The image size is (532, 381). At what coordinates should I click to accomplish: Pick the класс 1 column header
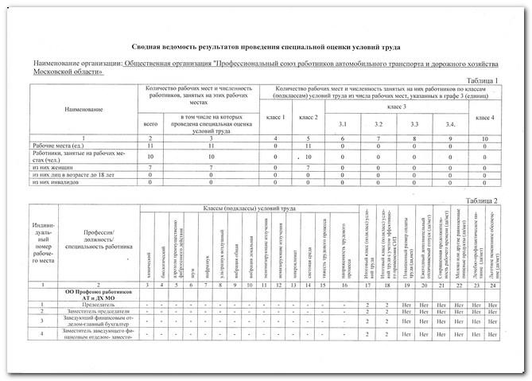[x=275, y=118]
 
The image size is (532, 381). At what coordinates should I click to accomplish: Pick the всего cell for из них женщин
[x=150, y=169]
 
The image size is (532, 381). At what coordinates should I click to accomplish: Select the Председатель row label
[x=98, y=304]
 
